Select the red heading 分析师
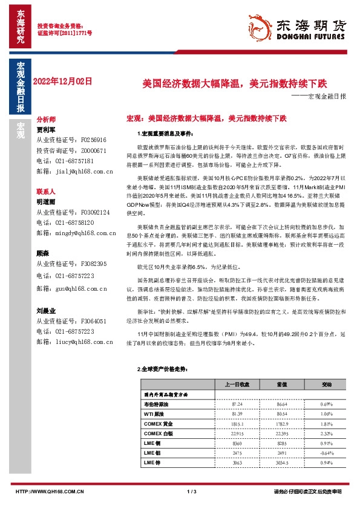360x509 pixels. pyautogui.click(x=47, y=120)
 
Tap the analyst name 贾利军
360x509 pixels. pyautogui.click(x=46, y=129)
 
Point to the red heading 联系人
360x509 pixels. pyautogui.click(x=47, y=191)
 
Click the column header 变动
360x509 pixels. pyautogui.click(x=327, y=384)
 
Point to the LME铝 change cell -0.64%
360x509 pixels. pyautogui.click(x=327, y=453)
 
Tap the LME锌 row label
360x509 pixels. pyautogui.click(x=152, y=463)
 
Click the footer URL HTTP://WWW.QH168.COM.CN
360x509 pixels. pyautogui.click(x=49, y=493)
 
